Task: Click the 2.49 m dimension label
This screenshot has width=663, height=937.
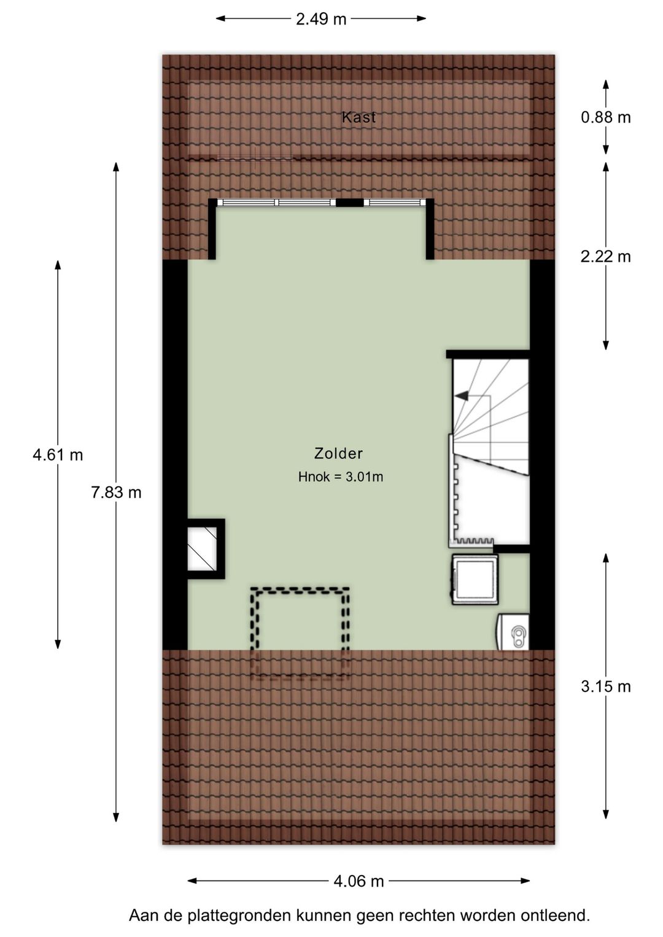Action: pyautogui.click(x=320, y=19)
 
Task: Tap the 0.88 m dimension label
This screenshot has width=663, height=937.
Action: pyautogui.click(x=605, y=117)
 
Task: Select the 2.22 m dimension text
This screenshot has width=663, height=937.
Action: pyautogui.click(x=605, y=256)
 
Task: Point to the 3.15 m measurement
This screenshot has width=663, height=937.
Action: pyautogui.click(x=605, y=686)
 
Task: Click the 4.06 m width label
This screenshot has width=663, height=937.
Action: pyautogui.click(x=359, y=881)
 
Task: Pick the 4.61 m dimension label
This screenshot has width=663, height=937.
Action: pyautogui.click(x=58, y=455)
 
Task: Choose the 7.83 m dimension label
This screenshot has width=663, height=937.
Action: pyautogui.click(x=116, y=492)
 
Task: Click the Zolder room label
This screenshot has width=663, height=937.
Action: pyautogui.click(x=338, y=454)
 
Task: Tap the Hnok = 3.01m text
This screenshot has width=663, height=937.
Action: pyautogui.click(x=341, y=477)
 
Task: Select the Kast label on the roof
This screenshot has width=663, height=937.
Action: pyautogui.click(x=359, y=117)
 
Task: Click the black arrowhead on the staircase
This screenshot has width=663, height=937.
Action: pyautogui.click(x=461, y=396)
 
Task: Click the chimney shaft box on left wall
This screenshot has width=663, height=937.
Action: pyautogui.click(x=203, y=548)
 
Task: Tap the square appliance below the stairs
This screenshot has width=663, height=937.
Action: pyautogui.click(x=475, y=579)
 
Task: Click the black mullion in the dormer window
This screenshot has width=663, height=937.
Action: pyautogui.click(x=349, y=203)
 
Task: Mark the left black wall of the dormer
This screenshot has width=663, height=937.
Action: pyautogui.click(x=212, y=230)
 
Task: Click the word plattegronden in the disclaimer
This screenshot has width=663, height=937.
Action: pyautogui.click(x=239, y=916)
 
